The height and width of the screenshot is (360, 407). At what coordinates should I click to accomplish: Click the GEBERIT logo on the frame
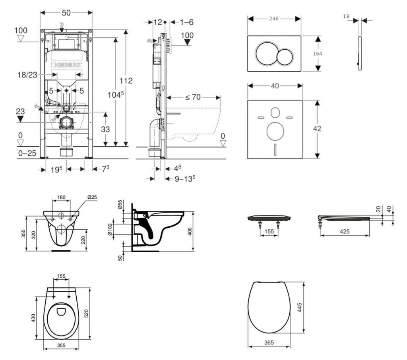pyautogui.click(x=66, y=65)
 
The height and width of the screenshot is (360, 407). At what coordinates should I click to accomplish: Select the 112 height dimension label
pyautogui.click(x=126, y=81)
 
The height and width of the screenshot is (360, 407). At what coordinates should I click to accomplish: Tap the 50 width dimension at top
pyautogui.click(x=66, y=13)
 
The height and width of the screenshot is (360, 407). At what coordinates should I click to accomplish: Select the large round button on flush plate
pyautogui.click(x=265, y=54)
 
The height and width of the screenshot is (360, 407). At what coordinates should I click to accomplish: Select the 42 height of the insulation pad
pyautogui.click(x=317, y=129)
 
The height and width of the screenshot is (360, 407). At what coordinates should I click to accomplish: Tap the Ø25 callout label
pyautogui.click(x=92, y=197)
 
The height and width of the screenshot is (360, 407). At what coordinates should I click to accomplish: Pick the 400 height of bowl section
pyautogui.click(x=190, y=231)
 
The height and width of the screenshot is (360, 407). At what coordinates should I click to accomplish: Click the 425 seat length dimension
pyautogui.click(x=345, y=231)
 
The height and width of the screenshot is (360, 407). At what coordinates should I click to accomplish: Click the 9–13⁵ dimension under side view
pyautogui.click(x=185, y=179)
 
